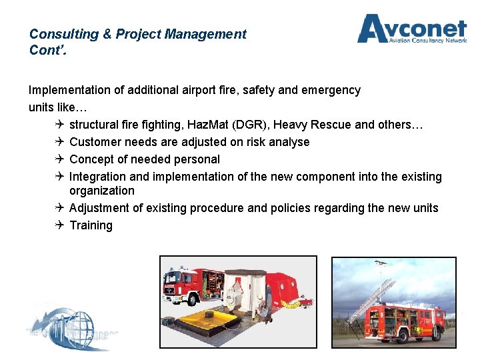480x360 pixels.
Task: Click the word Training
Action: click(x=91, y=225)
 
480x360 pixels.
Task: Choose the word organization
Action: click(x=101, y=191)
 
